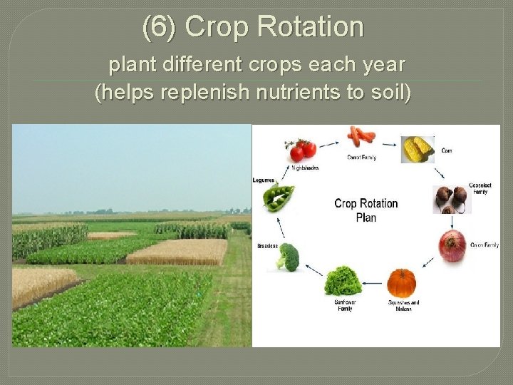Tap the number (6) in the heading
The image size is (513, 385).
tap(160, 27)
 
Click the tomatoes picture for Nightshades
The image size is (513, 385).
tap(302, 149)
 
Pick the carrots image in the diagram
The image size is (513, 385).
tap(361, 135)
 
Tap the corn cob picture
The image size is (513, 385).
tap(418, 149)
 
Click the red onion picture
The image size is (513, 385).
tap(452, 245)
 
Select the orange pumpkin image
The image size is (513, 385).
tap(402, 282)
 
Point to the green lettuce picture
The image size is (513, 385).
tap(343, 280)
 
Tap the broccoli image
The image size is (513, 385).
tap(289, 256)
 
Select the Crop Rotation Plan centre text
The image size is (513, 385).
tap(366, 210)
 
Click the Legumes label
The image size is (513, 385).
tap(263, 180)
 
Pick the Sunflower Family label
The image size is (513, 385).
tap(346, 305)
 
